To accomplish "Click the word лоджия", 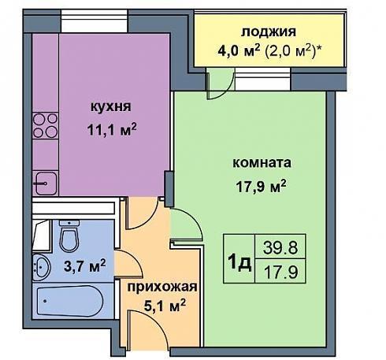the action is tap(269, 33).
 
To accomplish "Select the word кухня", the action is tap(111, 107).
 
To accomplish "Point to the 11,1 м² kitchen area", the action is tap(112, 129).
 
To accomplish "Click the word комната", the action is tap(262, 163).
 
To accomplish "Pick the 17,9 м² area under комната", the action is tap(261, 186).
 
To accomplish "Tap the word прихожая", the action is tap(162, 287).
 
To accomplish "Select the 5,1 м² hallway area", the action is tap(165, 305).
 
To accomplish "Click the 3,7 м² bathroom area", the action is tap(84, 266).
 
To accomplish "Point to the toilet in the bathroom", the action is tap(69, 236).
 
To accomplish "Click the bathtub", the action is tap(70, 301).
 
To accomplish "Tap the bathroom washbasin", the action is tap(41, 267).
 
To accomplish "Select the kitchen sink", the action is tap(46, 184).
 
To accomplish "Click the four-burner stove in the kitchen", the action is tap(45, 125).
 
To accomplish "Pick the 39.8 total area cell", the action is tap(280, 247).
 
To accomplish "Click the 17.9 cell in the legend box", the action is tap(280, 272).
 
